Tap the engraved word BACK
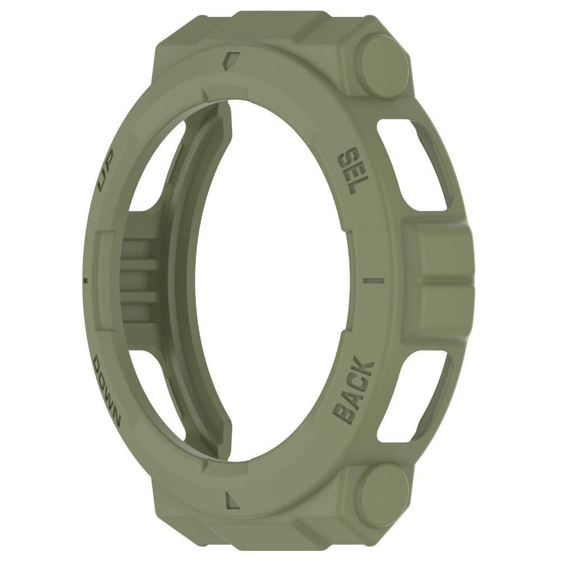[354, 390]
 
